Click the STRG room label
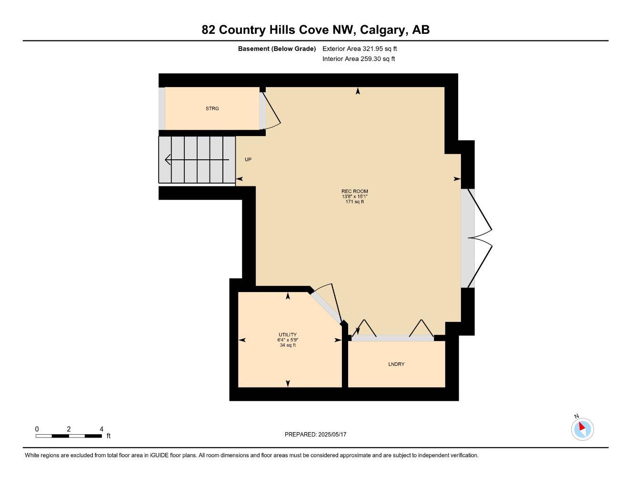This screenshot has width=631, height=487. click(x=212, y=108)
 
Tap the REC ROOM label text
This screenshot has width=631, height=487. click(x=354, y=191)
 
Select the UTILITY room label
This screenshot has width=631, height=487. click(x=288, y=335)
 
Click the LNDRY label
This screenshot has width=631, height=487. click(x=396, y=364)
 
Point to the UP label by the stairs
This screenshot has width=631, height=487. click(x=248, y=160)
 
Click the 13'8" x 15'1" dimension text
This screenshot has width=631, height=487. click(x=354, y=196)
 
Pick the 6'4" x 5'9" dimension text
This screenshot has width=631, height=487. click(x=288, y=340)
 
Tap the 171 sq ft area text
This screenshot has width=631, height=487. click(x=354, y=202)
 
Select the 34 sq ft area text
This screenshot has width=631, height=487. click(x=288, y=345)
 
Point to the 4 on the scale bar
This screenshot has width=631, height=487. click(x=101, y=429)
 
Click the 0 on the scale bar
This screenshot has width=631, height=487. click(x=37, y=429)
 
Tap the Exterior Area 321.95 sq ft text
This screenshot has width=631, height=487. click(x=360, y=49)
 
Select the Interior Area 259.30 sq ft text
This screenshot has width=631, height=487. click(x=359, y=59)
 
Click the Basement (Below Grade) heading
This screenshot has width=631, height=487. click(x=277, y=49)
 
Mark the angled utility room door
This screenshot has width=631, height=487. click(x=326, y=307)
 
